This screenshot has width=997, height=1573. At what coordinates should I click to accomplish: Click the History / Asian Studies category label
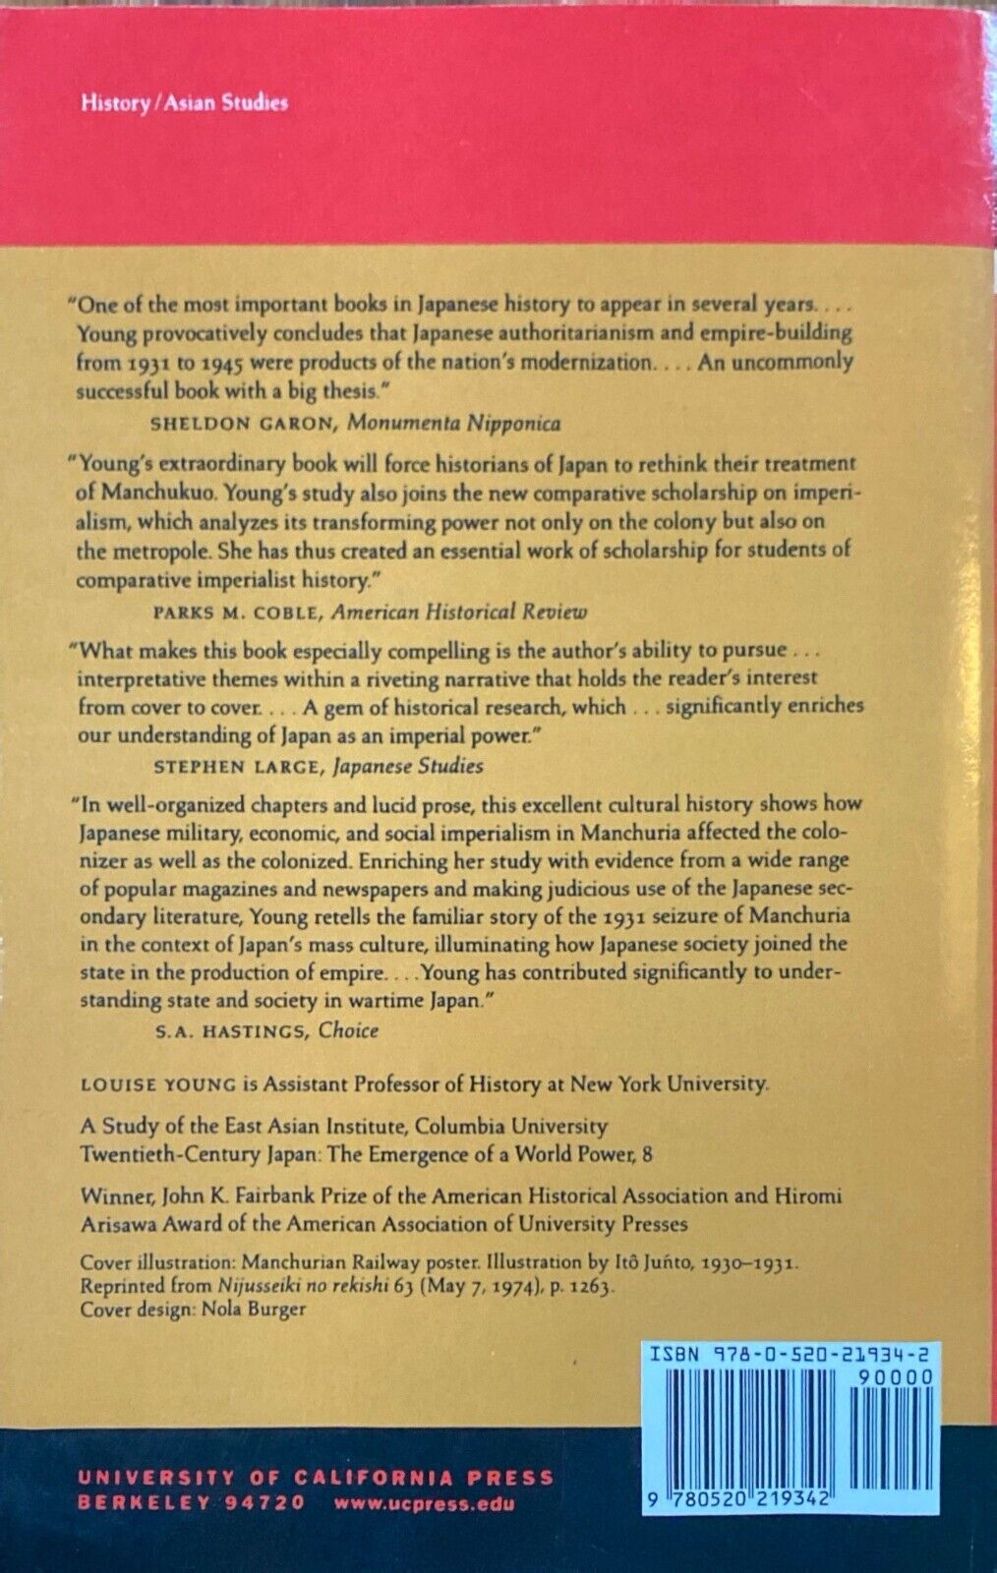pyautogui.click(x=185, y=103)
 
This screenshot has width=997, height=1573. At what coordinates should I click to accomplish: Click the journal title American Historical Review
pyautogui.click(x=458, y=612)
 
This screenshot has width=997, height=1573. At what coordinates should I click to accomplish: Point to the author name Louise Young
pyautogui.click(x=158, y=1084)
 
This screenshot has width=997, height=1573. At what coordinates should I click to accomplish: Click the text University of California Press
pyautogui.click(x=316, y=1478)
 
